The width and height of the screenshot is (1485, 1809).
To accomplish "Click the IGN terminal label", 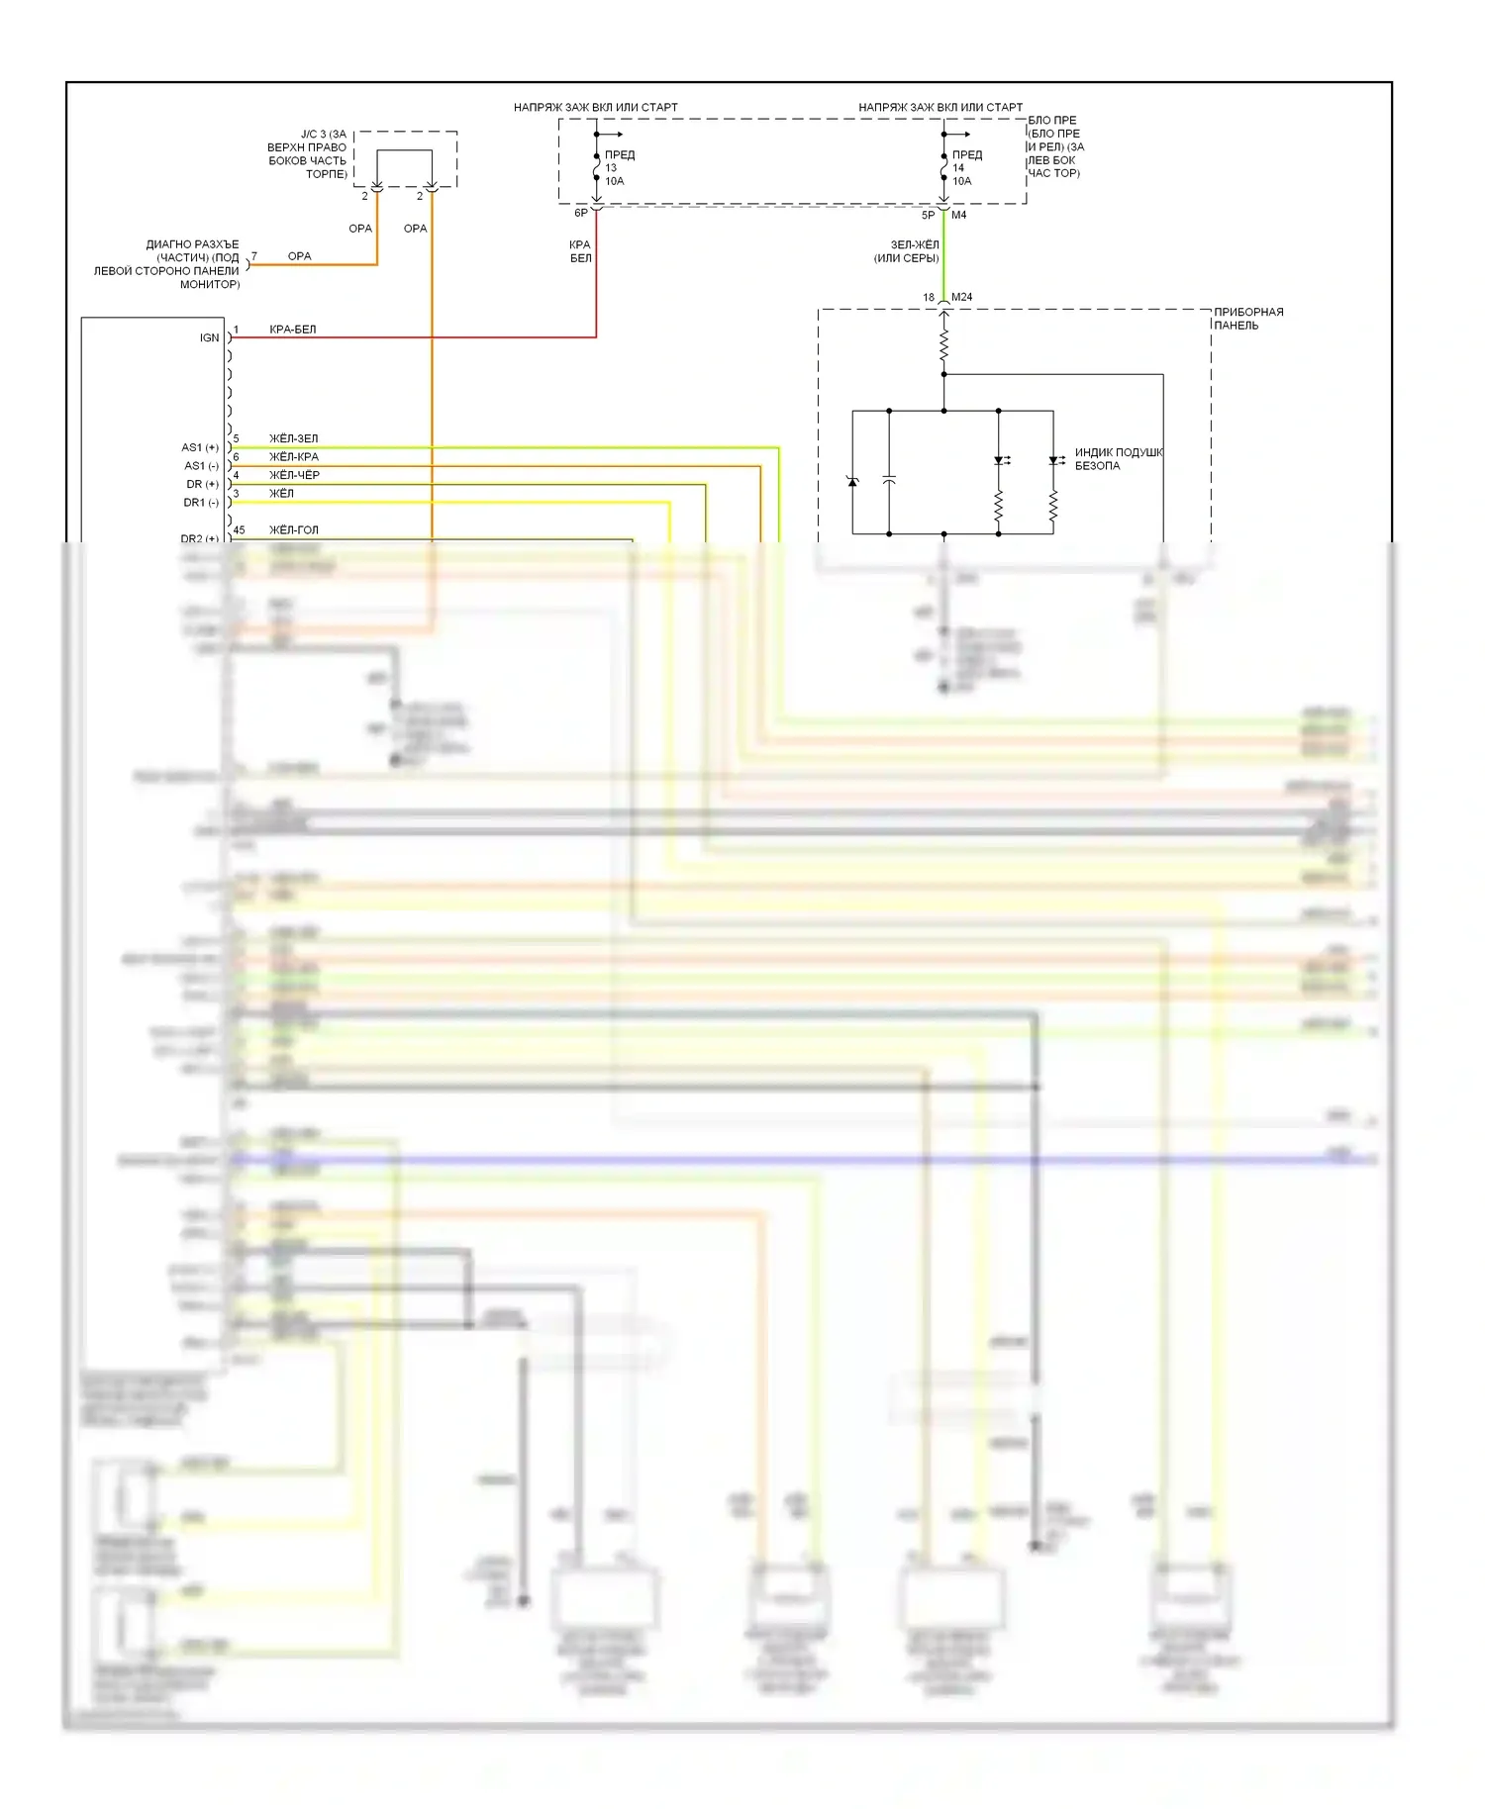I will point(209,337).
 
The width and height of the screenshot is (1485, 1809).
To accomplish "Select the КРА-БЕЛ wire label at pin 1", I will point(292,330).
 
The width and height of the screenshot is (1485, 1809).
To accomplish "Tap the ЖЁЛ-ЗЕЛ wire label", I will point(293,438).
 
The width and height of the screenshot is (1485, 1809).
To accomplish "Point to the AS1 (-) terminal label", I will point(201,466).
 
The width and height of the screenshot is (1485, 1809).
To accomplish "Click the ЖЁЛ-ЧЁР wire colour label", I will point(294,475).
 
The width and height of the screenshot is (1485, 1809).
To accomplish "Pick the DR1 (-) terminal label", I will point(201,503).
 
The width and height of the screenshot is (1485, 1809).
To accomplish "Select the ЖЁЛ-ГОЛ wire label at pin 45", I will point(294,530).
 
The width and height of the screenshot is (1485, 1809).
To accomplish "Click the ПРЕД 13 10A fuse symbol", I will point(596,168).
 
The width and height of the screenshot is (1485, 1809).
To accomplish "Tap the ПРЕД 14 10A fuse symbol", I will point(943,168).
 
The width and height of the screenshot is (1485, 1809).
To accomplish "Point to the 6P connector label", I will point(581,213).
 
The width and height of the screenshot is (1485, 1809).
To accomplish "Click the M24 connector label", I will point(961,297).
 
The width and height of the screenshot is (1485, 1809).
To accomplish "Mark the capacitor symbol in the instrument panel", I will point(889,480).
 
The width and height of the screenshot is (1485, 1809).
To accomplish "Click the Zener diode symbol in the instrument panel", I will point(852,481).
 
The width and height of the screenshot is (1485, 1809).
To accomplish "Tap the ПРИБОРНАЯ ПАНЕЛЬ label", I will point(1248,319).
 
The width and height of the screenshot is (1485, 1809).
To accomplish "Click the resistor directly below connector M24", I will point(943,345).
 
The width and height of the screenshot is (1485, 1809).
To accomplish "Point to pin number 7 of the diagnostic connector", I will point(254,256).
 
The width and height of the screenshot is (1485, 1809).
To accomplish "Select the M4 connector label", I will point(958,215).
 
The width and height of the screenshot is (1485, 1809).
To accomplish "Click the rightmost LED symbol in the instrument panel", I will point(1053,461).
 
